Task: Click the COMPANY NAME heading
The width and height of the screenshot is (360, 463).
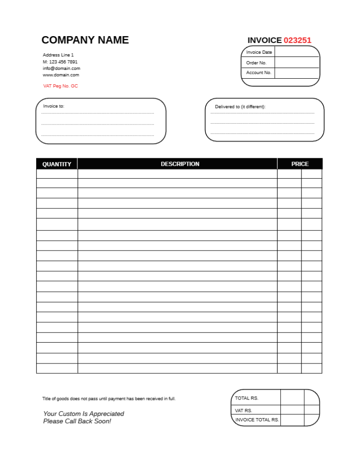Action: (85, 40)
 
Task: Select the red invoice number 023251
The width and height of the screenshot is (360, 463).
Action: (297, 40)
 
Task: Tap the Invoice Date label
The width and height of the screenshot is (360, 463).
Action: (259, 52)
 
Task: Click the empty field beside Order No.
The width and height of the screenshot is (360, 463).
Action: (297, 63)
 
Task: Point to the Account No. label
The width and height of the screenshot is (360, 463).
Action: (259, 73)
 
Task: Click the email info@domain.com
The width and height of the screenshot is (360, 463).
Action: (62, 68)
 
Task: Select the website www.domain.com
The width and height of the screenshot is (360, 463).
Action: (61, 75)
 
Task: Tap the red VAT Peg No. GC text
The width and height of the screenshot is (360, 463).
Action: (61, 86)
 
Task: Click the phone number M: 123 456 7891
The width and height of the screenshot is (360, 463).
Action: (60, 62)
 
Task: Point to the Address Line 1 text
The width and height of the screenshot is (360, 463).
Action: (58, 55)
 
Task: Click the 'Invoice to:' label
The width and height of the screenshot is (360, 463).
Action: (54, 106)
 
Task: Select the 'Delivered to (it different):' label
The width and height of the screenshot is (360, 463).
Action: (240, 106)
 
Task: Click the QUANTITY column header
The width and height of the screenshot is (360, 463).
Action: (57, 164)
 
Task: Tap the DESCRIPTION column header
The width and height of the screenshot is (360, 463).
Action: (180, 164)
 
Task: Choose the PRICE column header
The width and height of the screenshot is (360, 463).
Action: (300, 164)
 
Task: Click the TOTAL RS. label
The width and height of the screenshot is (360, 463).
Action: (246, 398)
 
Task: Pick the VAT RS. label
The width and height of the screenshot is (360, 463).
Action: (244, 410)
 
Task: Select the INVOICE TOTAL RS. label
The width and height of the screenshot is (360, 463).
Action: (257, 420)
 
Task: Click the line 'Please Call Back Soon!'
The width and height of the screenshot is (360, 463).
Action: (77, 421)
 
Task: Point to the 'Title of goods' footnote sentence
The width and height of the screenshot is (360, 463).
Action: (109, 399)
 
